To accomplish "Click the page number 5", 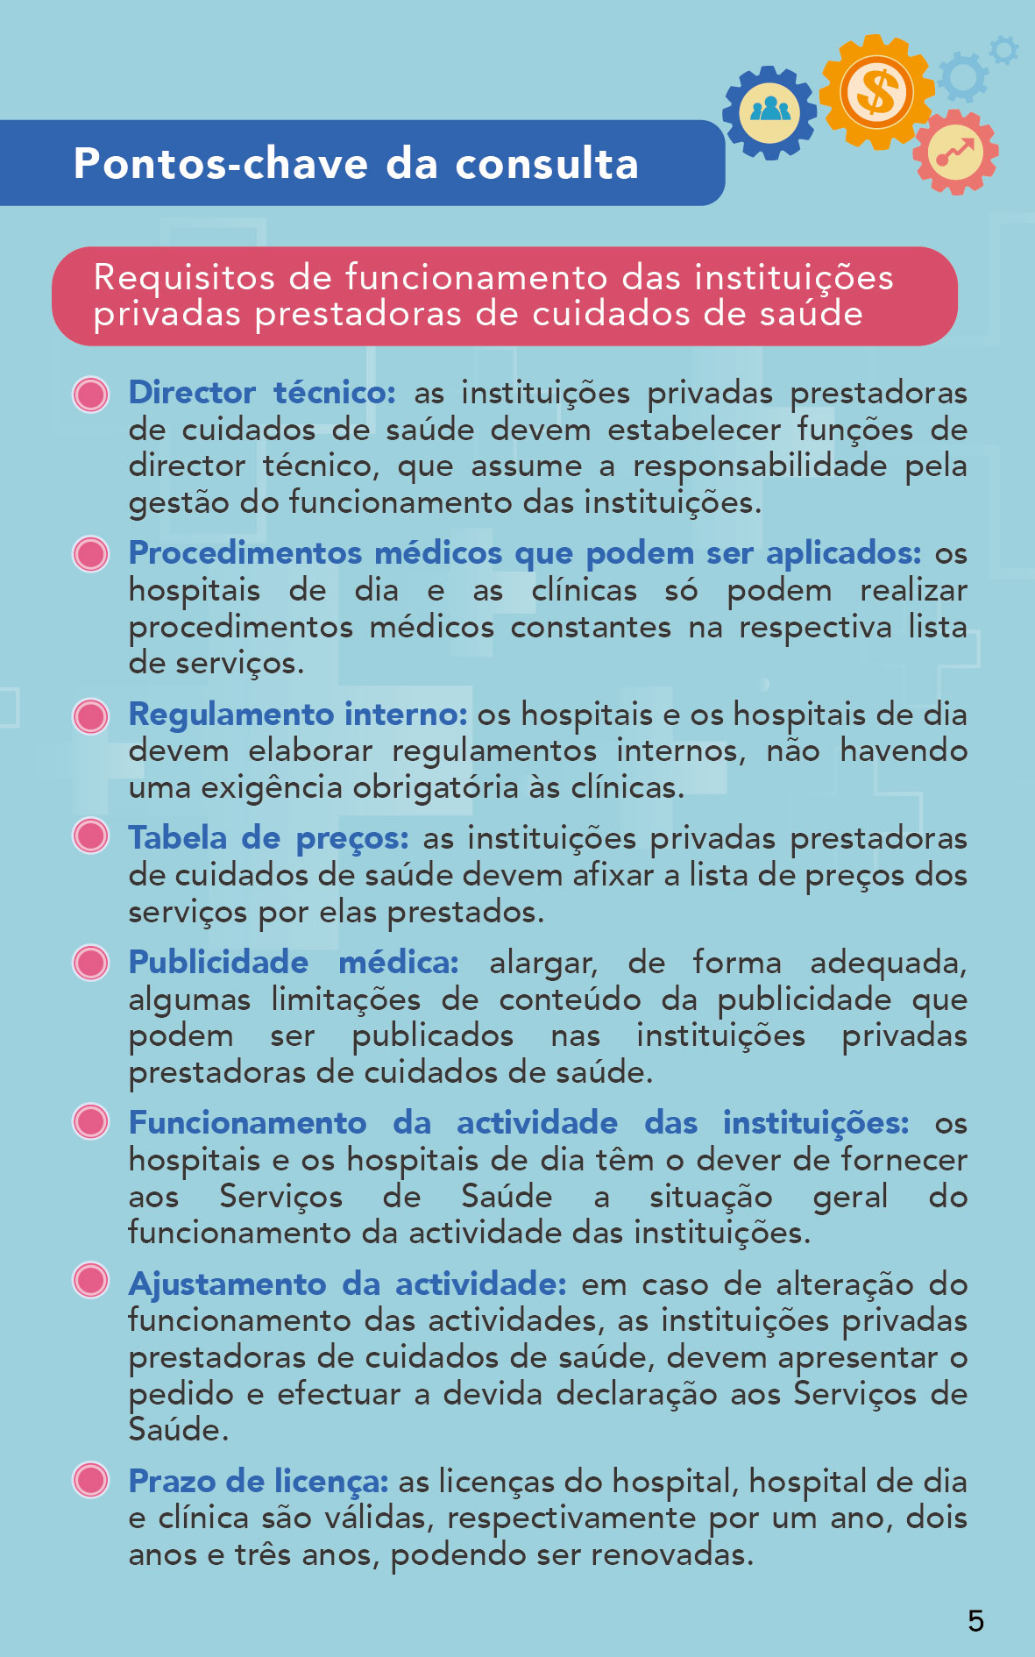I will click(x=975, y=1620).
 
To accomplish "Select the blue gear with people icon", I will click(x=769, y=112).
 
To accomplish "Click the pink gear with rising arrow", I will click(x=955, y=153).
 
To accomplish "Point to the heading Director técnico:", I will click(x=262, y=393).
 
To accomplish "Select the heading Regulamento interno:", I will click(x=298, y=715).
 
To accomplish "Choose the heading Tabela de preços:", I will click(x=268, y=838).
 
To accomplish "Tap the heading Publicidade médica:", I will click(x=294, y=963).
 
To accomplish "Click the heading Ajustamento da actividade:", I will click(x=347, y=1284).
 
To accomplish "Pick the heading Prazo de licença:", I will click(x=259, y=1482).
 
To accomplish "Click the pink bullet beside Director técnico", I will click(x=91, y=395).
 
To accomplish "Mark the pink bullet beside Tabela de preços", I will click(x=91, y=836).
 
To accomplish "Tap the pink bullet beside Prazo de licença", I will click(x=91, y=1480).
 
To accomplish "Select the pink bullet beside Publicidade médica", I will click(x=91, y=962).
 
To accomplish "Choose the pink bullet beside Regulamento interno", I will click(x=91, y=715).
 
